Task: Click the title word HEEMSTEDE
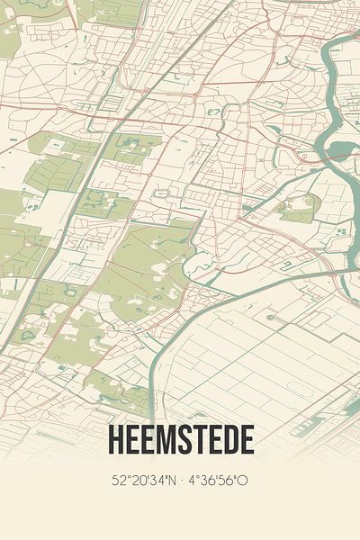click(180, 439)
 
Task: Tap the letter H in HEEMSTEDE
click(115, 439)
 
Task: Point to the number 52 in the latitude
click(119, 481)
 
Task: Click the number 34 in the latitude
click(155, 481)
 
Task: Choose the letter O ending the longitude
click(243, 481)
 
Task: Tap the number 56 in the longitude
click(229, 481)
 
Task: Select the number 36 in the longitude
click(209, 481)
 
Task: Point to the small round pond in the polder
click(270, 317)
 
